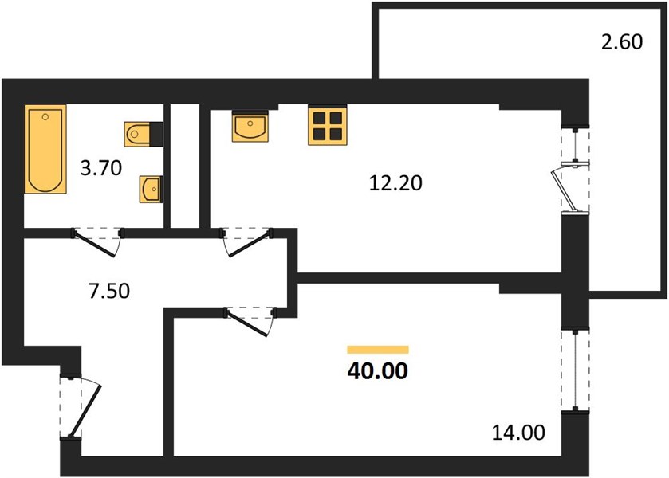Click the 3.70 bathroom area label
(101, 168)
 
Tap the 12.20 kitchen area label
(395, 183)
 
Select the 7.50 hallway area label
(109, 292)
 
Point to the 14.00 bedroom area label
(518, 433)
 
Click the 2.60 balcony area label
(622, 42)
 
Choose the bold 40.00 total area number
(378, 371)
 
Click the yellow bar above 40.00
(378, 350)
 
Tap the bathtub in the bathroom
(45, 149)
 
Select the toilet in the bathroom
(144, 135)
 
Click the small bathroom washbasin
(150, 189)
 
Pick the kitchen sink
(250, 126)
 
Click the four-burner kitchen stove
(327, 125)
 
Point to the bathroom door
(98, 242)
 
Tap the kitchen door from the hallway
(247, 242)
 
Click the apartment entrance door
(81, 406)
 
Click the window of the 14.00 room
(576, 370)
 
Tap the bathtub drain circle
(45, 116)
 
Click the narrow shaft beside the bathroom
(185, 166)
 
